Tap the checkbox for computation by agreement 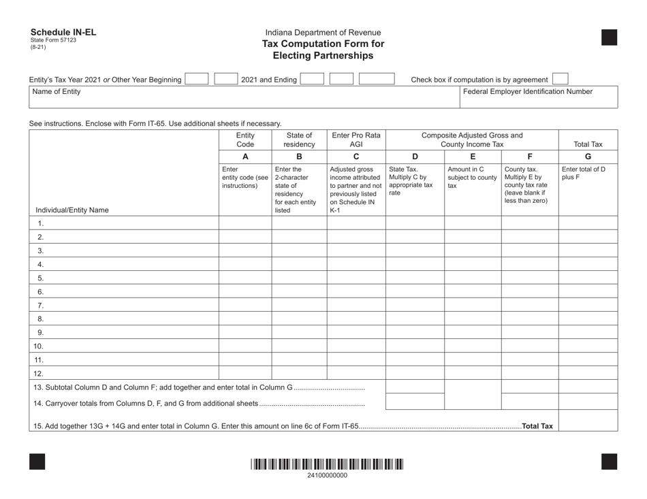[x=560, y=80]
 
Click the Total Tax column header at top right [x=588, y=144]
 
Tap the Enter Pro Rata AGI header [x=356, y=140]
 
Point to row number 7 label [x=40, y=305]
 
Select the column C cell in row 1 [x=356, y=223]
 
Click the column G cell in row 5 [x=588, y=278]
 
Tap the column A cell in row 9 [x=245, y=332]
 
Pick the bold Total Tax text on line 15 [x=537, y=426]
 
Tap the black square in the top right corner [x=610, y=37]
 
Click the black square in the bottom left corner [x=37, y=461]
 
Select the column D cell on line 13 [x=414, y=387]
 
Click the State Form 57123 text [x=53, y=40]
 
